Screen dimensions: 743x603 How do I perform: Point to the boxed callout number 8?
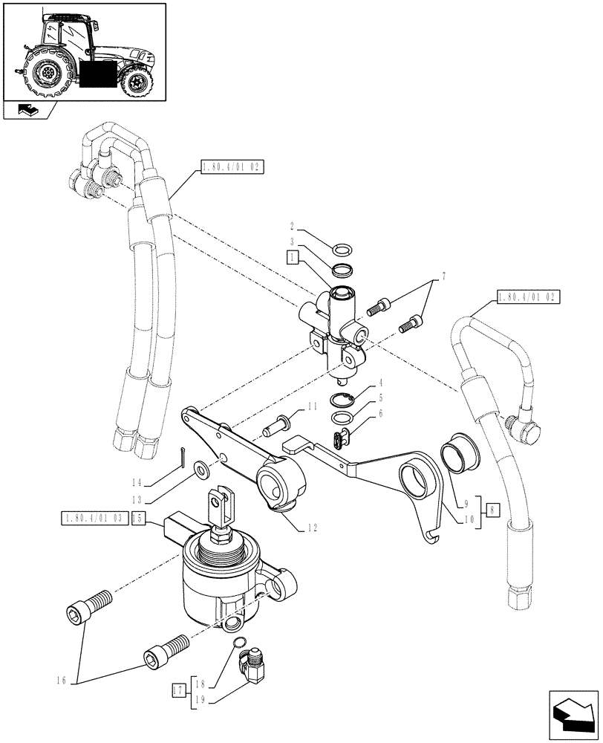point(492,510)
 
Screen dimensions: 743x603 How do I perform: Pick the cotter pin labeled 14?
point(183,460)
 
